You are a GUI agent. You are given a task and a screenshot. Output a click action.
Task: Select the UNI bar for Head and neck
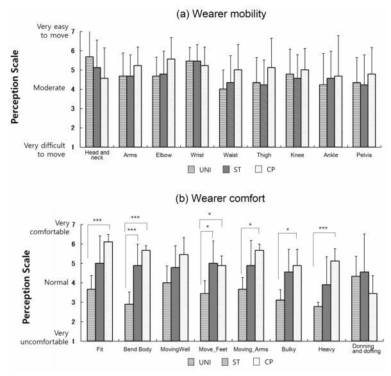(x=90, y=101)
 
